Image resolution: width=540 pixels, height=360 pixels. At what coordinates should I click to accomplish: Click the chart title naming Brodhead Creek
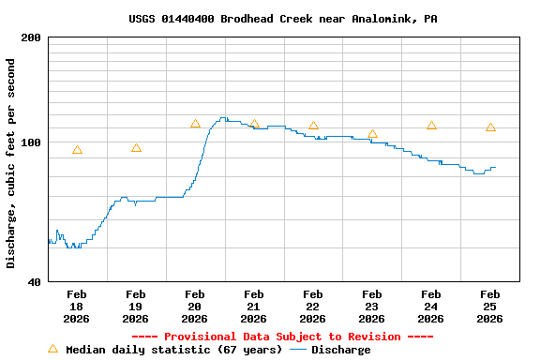click(282, 19)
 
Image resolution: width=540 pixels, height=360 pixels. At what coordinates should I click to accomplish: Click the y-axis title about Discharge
click(10, 163)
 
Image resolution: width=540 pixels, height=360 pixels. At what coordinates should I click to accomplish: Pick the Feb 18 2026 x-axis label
click(77, 307)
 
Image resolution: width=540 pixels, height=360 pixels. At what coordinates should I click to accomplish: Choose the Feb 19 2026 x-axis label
click(136, 307)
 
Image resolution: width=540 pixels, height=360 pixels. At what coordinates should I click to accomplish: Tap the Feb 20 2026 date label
click(195, 307)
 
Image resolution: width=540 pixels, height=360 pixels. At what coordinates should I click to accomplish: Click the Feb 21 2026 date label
click(254, 307)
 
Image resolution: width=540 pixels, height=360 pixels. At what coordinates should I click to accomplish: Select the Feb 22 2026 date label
click(313, 307)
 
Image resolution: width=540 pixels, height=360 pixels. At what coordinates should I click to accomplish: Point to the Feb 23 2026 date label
click(372, 307)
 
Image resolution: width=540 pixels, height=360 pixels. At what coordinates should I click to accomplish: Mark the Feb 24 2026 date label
click(431, 307)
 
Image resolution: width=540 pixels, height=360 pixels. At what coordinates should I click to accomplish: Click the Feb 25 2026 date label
click(490, 307)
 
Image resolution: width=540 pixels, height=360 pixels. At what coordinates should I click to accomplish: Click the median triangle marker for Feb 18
click(77, 150)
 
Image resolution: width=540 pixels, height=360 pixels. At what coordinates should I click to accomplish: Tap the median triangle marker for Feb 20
click(195, 124)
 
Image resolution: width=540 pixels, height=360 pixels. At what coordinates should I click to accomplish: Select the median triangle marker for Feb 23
click(372, 134)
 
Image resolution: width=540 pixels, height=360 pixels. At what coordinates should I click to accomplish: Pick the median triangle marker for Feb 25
click(490, 127)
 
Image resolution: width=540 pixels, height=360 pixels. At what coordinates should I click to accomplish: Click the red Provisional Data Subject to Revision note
click(282, 337)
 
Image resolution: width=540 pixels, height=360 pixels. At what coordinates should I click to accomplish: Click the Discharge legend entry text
click(340, 350)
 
